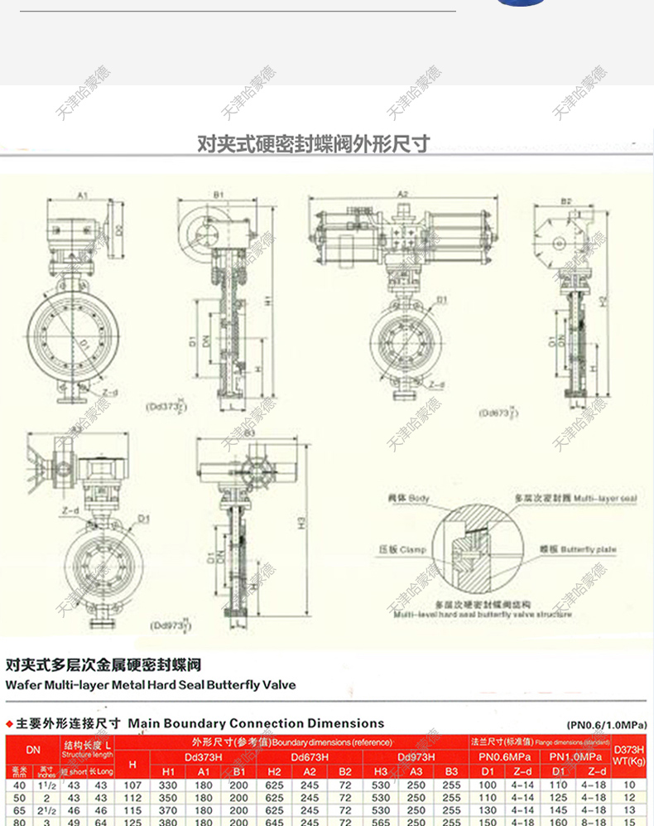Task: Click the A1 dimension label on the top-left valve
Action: [x=82, y=196]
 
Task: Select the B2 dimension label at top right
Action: [x=566, y=200]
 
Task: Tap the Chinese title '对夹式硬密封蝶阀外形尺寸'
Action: [x=313, y=143]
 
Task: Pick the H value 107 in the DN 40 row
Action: [x=132, y=784]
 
